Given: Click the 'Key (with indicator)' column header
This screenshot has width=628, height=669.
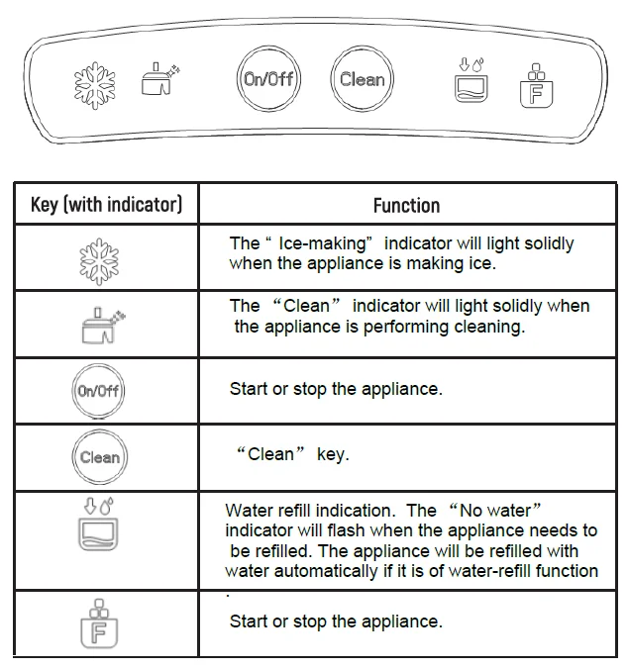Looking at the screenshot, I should (x=106, y=205).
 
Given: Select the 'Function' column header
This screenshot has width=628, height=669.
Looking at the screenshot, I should (x=406, y=205).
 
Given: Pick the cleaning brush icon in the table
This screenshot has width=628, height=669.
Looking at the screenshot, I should (x=99, y=324).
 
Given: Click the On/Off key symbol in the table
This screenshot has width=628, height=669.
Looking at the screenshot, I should (x=98, y=390).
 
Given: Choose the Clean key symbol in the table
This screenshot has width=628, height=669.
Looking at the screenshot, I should (x=99, y=457).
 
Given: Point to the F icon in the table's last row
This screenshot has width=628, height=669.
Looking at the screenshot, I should (x=98, y=623).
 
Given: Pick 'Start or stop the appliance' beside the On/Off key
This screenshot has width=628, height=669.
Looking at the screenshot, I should (x=336, y=389).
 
